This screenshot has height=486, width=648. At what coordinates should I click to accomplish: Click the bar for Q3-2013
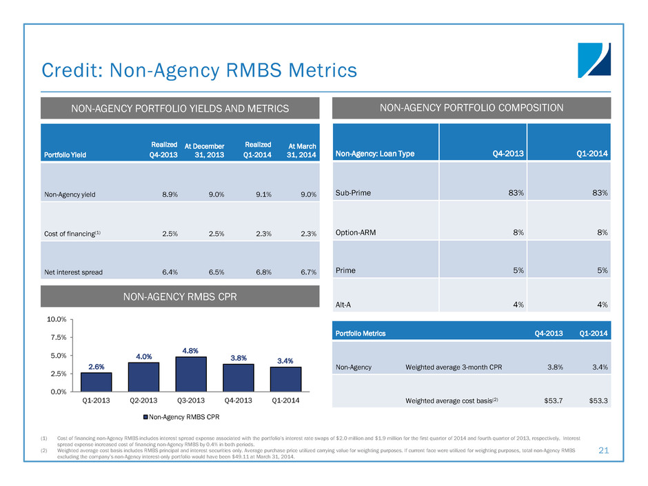(x=191, y=374)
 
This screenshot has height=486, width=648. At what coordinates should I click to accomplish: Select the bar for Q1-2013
(x=96, y=382)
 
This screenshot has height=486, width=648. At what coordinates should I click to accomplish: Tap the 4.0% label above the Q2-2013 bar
(x=143, y=356)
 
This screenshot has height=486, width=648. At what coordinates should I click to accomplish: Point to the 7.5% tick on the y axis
(x=57, y=338)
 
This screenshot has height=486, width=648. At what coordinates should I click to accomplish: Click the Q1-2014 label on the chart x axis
(x=285, y=400)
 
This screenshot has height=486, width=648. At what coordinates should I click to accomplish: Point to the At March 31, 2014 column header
(x=302, y=150)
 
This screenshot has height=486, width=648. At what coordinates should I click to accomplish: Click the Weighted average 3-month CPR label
(x=455, y=367)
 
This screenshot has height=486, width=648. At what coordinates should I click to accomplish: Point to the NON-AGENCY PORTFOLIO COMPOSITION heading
(x=472, y=108)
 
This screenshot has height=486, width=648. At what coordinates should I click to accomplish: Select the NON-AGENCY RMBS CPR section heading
(x=179, y=298)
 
